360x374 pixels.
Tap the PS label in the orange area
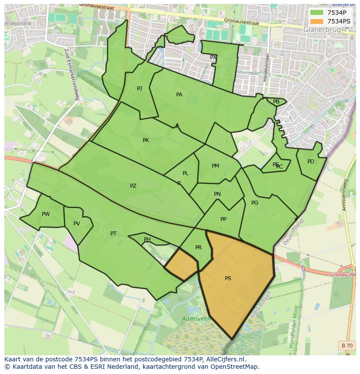pyautogui.click(x=228, y=278)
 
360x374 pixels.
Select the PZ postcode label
pyautogui.click(x=133, y=186)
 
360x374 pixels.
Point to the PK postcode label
pyautogui.click(x=146, y=140)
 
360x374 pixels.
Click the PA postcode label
pyautogui.click(x=179, y=95)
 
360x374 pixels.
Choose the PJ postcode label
pyautogui.click(x=140, y=89)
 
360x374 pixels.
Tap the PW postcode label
pyautogui.click(x=46, y=214)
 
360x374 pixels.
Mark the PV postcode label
pyautogui.click(x=77, y=224)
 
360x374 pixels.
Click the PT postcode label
pyautogui.click(x=113, y=234)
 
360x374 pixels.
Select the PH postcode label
pyautogui.click(x=147, y=239)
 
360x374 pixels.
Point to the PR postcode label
pyautogui.click(x=198, y=248)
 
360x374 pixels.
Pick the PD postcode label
pyautogui.click(x=310, y=162)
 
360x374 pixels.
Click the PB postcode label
pyautogui.click(x=276, y=102)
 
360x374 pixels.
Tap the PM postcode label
pyautogui.click(x=215, y=166)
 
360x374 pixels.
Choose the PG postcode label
pyautogui.click(x=255, y=203)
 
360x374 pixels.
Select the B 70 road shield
pyautogui.click(x=347, y=345)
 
